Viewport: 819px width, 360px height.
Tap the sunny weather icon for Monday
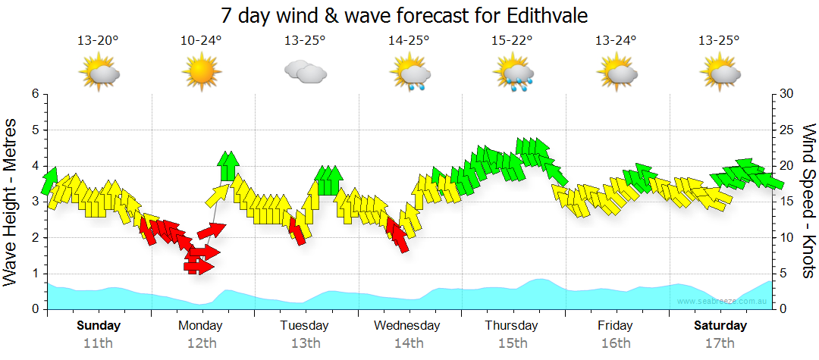point(200,73)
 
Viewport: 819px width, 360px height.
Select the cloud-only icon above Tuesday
point(304,73)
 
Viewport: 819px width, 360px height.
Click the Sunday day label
point(98,326)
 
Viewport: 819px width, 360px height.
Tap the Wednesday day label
point(408,326)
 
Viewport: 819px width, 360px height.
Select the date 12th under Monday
point(201,343)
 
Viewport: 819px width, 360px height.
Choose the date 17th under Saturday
point(720,343)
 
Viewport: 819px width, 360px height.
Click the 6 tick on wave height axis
point(35,94)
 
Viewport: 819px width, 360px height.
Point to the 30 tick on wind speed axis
point(787,94)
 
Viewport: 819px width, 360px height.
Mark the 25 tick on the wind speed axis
point(787,130)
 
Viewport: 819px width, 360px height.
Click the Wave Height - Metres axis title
point(11,202)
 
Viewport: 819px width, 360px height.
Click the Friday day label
point(615,326)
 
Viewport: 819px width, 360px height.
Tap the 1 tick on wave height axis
point(35,274)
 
